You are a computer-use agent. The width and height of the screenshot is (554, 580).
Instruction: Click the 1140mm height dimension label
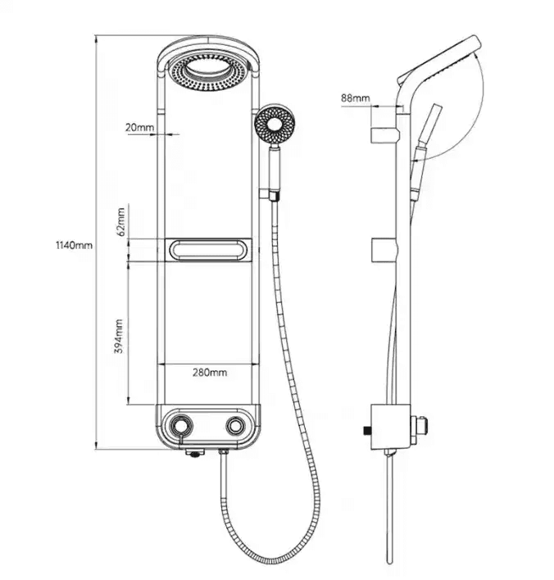(x=74, y=245)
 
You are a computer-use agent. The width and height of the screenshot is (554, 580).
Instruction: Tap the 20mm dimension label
(x=139, y=128)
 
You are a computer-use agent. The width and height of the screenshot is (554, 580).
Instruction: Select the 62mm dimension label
(x=120, y=222)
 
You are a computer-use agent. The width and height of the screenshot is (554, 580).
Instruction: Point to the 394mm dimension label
(x=118, y=336)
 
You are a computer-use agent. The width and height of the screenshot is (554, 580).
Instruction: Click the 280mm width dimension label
(x=210, y=372)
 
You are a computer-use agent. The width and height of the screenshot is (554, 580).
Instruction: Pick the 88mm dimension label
(x=356, y=98)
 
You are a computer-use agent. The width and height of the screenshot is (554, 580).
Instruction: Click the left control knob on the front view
(x=181, y=426)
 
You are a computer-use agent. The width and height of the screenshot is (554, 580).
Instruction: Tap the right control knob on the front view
(x=235, y=426)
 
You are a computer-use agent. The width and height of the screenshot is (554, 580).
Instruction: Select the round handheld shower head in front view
(x=275, y=125)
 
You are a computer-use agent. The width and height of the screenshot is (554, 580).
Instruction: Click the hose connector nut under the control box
(x=224, y=451)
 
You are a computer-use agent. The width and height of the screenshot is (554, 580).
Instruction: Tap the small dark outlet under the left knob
(x=194, y=453)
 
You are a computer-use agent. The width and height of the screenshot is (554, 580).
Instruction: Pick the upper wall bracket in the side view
(x=385, y=135)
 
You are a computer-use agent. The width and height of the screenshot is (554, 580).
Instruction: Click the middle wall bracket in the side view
(x=385, y=250)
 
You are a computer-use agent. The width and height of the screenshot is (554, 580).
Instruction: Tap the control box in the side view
(x=391, y=427)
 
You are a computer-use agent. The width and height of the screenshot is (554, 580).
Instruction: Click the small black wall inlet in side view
(x=367, y=431)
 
